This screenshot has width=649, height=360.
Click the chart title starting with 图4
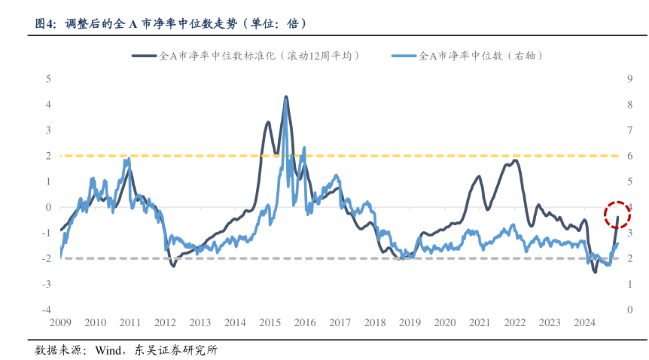pos(171,23)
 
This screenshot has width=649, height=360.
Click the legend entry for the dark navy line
pos(245,56)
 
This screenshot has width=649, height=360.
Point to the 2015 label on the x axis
pos(270,322)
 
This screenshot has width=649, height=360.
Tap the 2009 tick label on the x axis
pos(60,322)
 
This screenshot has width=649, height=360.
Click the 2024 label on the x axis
pos(585,322)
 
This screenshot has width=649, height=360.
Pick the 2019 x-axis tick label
pos(410,322)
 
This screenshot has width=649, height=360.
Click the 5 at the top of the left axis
pos(48,78)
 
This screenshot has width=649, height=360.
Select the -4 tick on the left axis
pos(47,310)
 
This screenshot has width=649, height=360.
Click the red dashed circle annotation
pos(617,215)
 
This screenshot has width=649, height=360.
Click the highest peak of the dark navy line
pos(285,97)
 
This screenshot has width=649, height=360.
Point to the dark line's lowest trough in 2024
pos(595,271)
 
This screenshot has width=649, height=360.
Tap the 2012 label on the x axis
pos(165,322)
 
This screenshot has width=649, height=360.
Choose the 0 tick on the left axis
pos(48,207)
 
